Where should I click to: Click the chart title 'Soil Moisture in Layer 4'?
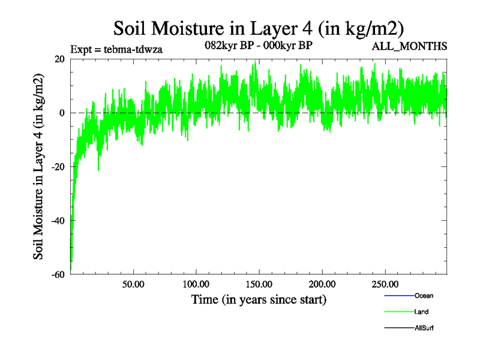tap(259, 28)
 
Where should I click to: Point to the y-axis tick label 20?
tap(59, 59)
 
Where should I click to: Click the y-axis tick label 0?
tap(62, 113)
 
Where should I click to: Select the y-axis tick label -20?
tap(58, 167)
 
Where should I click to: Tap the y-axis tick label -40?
tap(58, 221)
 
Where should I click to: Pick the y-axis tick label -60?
tap(58, 275)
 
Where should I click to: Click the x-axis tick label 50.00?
tap(133, 284)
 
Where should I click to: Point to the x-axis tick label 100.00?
tap(196, 284)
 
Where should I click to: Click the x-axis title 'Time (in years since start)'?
tap(259, 299)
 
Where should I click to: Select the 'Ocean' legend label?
tap(424, 296)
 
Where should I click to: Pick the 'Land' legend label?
tap(421, 312)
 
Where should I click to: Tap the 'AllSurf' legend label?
tap(424, 328)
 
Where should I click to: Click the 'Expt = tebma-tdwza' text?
tap(116, 49)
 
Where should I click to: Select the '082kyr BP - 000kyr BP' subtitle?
tap(259, 46)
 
